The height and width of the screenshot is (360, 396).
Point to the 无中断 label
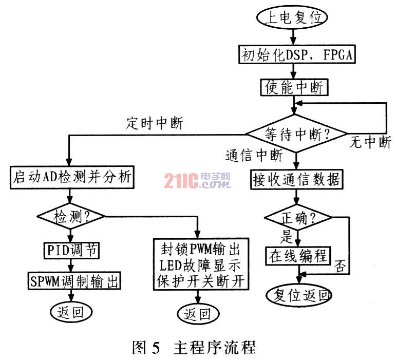(x=370, y=143)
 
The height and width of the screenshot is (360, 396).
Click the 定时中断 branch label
(x=154, y=123)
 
